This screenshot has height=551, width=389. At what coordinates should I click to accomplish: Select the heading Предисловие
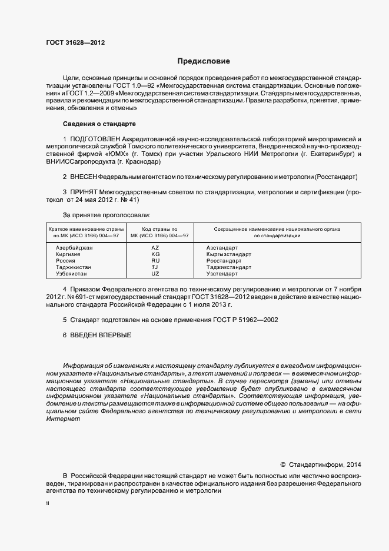tap(204, 61)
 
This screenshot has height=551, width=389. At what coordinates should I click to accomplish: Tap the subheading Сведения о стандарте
tap(99, 124)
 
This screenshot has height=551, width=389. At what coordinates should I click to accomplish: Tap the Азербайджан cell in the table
tap(74, 248)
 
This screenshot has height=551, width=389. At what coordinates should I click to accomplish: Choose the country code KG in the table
tap(155, 254)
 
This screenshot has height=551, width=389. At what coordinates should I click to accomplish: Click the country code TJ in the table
tap(155, 267)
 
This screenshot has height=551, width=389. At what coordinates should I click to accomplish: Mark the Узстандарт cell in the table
tap(222, 274)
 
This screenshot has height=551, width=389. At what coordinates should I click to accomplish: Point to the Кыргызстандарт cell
tap(229, 254)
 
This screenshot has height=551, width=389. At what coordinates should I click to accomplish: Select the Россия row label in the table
tap(65, 261)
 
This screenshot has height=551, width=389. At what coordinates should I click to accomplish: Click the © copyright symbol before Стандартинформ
tap(282, 464)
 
